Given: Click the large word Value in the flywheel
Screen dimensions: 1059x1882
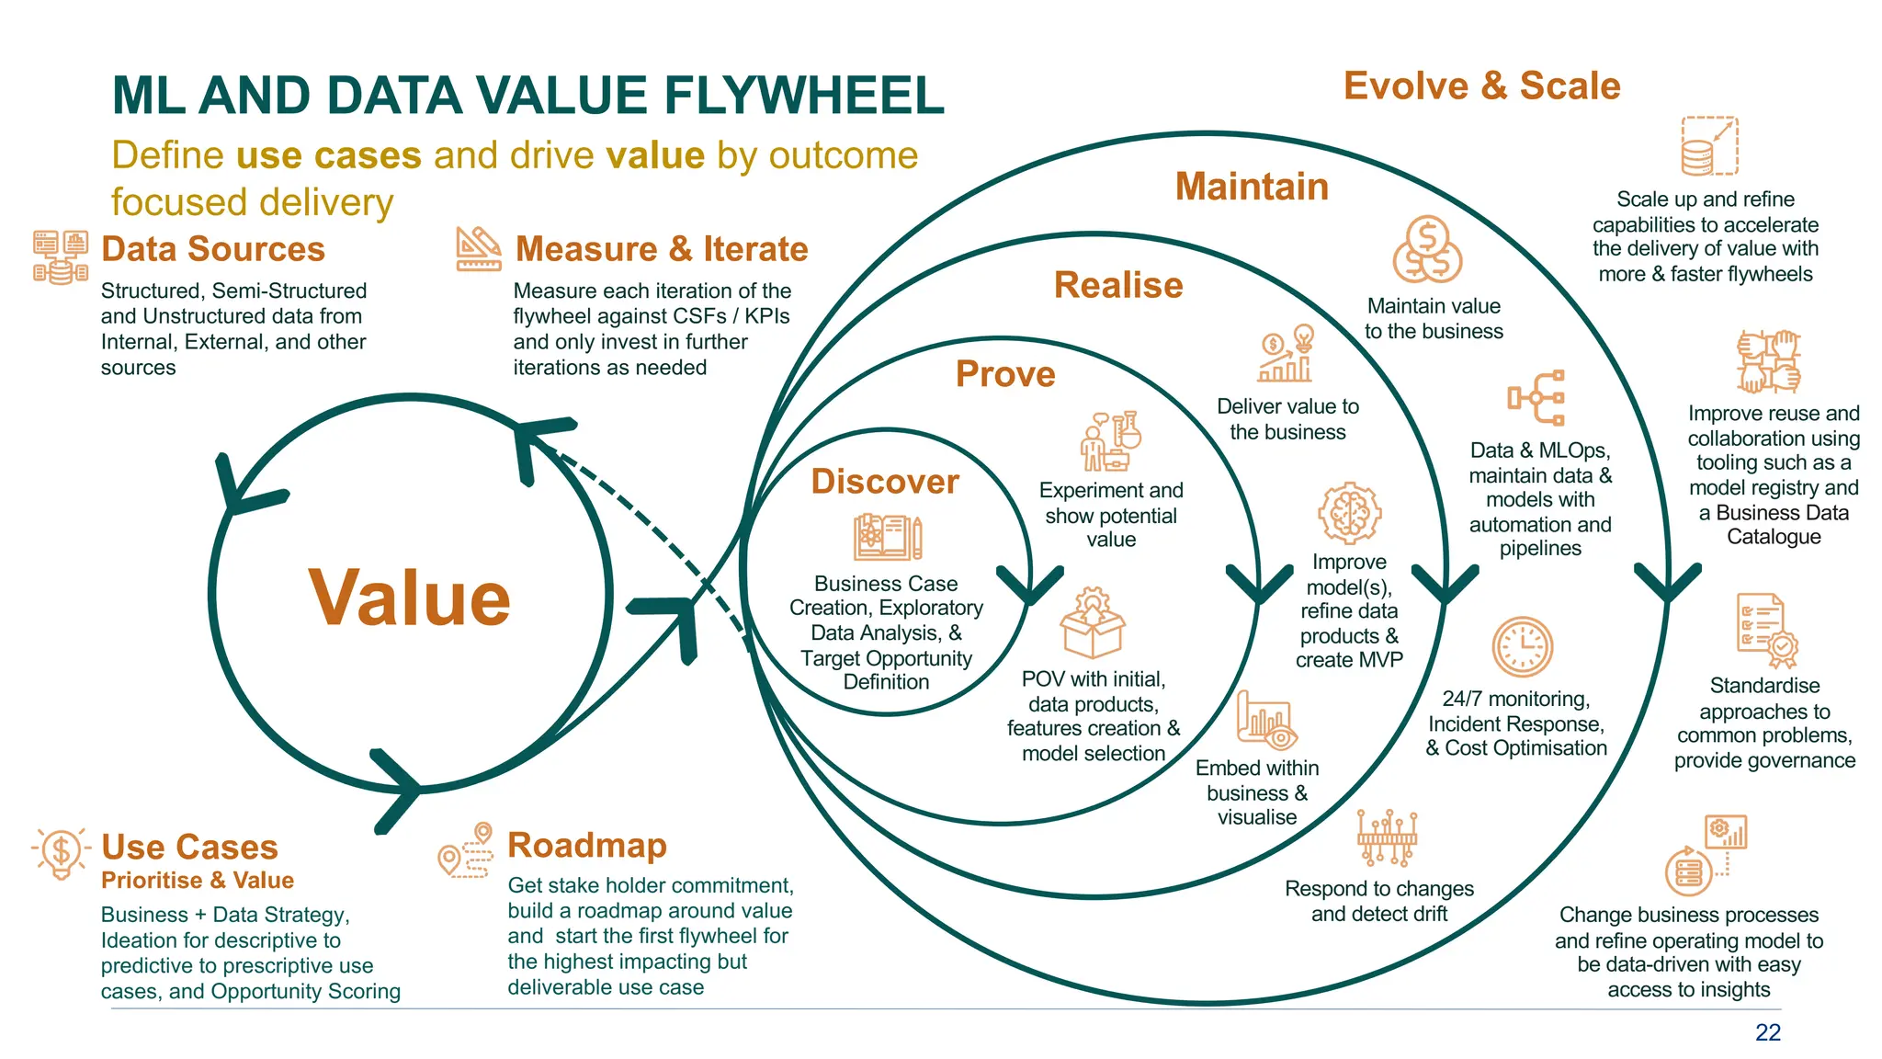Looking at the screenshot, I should [409, 598].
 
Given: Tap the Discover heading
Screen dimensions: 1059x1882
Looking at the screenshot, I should [885, 482].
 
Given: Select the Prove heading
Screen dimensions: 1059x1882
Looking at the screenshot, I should [1005, 374].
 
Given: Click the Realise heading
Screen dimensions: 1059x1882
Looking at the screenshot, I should [1118, 285].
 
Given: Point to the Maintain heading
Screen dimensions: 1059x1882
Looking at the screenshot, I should [1252, 187].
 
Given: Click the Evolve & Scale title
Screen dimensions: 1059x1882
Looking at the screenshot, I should [1481, 85].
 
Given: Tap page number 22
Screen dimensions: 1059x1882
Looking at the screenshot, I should [1767, 1032].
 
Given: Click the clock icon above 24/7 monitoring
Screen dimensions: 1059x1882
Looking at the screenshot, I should [1522, 646].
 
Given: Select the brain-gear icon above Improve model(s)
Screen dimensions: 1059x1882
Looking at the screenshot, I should [1349, 513].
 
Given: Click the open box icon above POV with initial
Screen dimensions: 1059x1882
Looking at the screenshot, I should [1092, 624].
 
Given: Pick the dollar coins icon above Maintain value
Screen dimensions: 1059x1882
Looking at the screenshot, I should [1426, 250].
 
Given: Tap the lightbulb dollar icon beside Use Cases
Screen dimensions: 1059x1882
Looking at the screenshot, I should [61, 852].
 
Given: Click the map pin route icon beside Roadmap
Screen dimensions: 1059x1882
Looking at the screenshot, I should [466, 849].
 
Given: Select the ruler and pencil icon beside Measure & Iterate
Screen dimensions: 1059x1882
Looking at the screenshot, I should [479, 249].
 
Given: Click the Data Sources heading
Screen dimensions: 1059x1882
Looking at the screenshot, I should [213, 249].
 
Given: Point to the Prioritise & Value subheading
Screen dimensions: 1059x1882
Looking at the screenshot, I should [198, 880].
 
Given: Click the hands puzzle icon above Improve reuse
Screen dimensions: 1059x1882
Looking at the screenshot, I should [1768, 361].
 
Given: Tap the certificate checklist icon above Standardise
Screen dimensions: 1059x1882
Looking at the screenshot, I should [1766, 630].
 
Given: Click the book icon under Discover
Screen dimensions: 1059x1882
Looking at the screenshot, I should [887, 537].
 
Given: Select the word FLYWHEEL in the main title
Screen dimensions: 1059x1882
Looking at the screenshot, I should [803, 96].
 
